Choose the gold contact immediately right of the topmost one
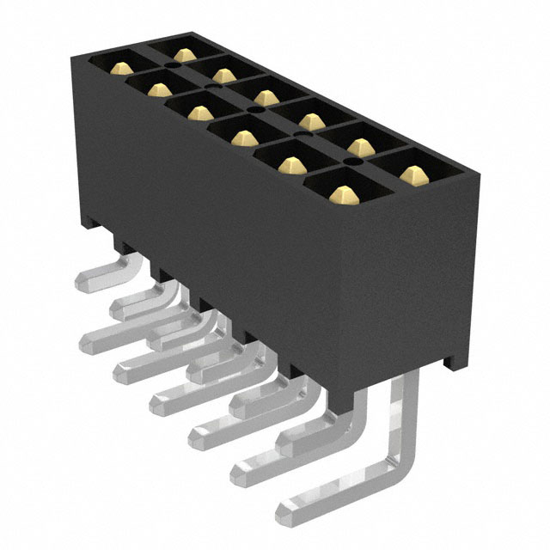[224, 75]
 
